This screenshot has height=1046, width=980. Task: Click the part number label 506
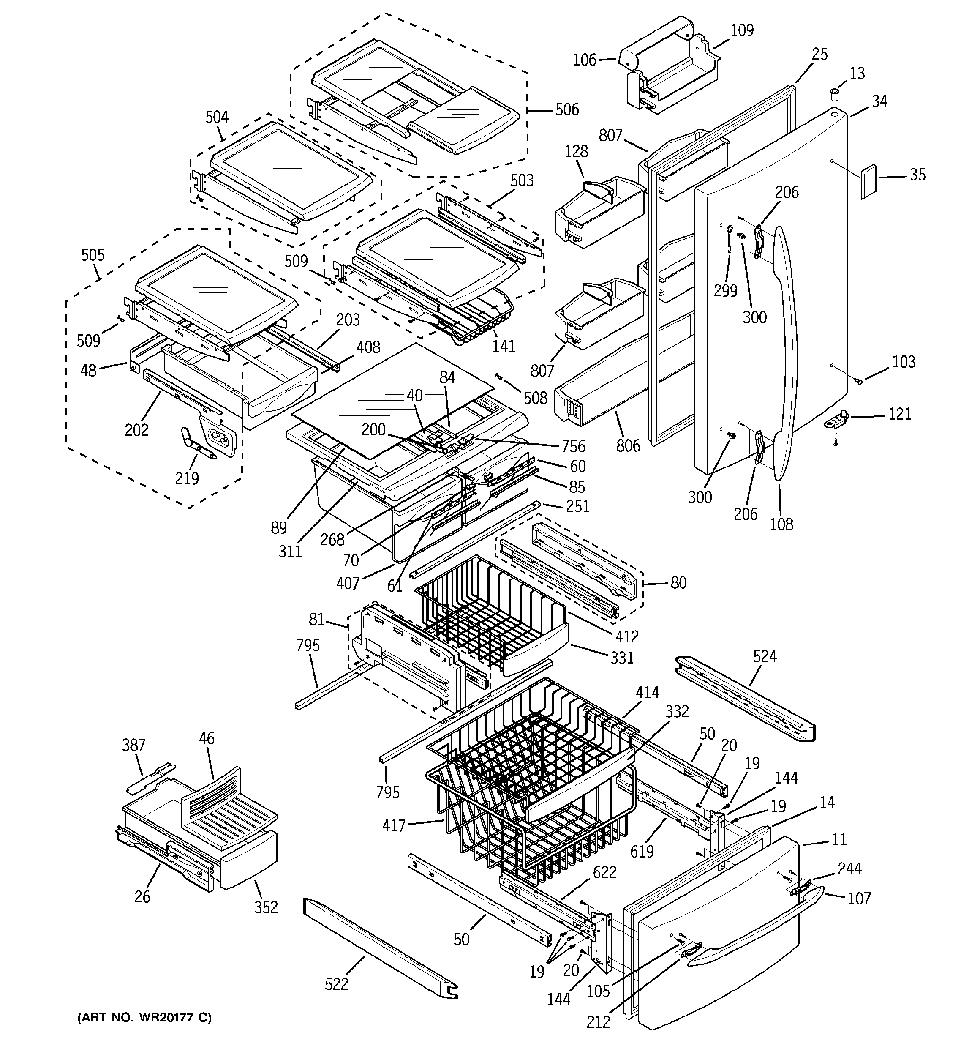pyautogui.click(x=566, y=109)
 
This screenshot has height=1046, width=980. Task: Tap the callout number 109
pyautogui.click(x=742, y=30)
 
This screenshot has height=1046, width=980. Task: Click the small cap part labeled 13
pyautogui.click(x=834, y=95)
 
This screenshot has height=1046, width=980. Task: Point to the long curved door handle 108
pyautogui.click(x=787, y=347)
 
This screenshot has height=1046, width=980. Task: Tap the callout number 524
pyautogui.click(x=764, y=655)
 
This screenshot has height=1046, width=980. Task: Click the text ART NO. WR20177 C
pyautogui.click(x=144, y=1018)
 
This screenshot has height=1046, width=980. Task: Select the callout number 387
pyautogui.click(x=133, y=745)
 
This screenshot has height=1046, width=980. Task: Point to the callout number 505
pyautogui.click(x=93, y=255)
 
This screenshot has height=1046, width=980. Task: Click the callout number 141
pyautogui.click(x=504, y=346)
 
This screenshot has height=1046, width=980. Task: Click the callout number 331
pyautogui.click(x=622, y=657)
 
